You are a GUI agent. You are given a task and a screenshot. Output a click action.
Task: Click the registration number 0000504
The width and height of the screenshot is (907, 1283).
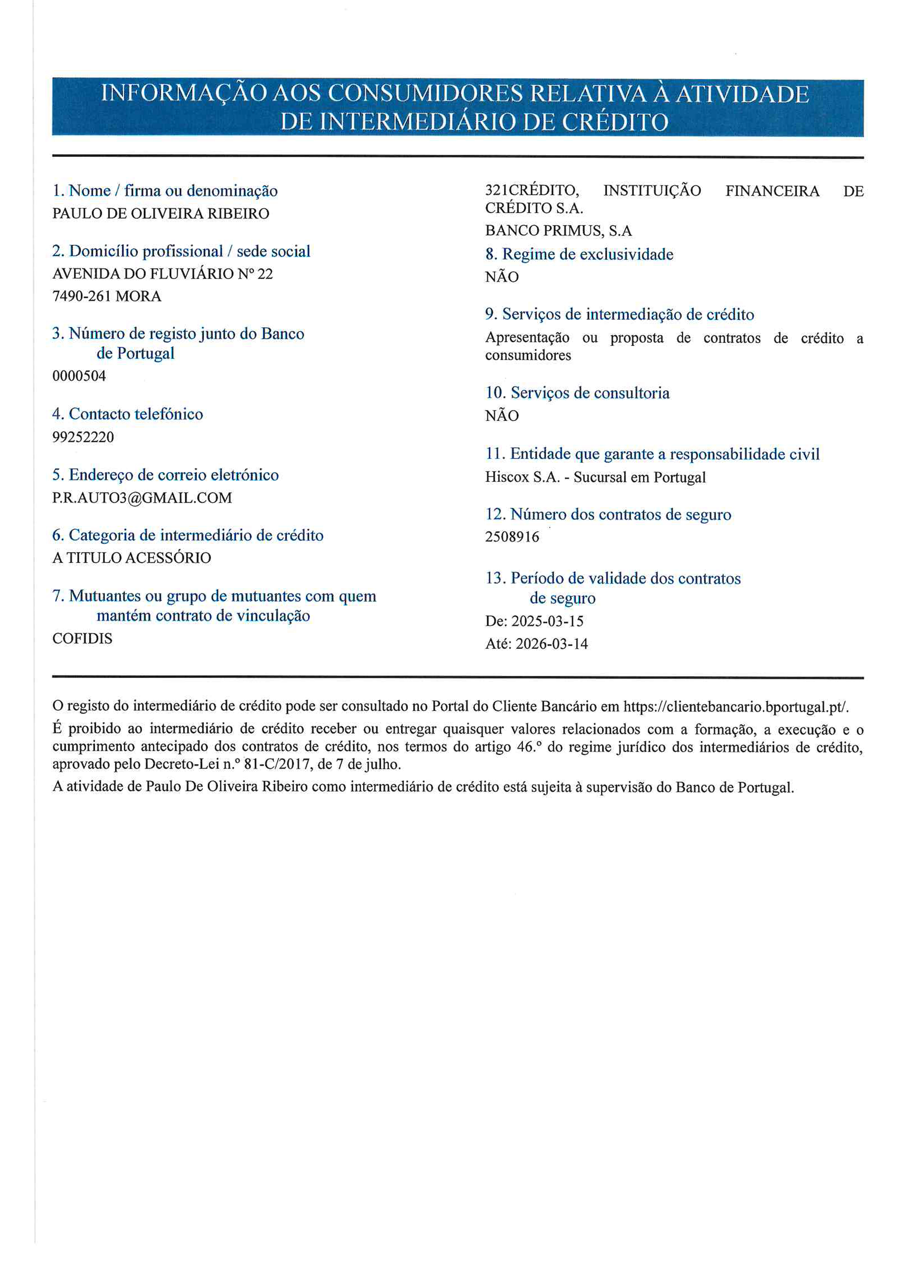[x=79, y=376]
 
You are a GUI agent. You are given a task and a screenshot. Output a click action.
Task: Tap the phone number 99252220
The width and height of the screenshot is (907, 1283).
[x=83, y=436]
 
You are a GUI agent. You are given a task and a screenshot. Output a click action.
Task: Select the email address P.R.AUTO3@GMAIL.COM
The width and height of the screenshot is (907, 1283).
[x=142, y=497]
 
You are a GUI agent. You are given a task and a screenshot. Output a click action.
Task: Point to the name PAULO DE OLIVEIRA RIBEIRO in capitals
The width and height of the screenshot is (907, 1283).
[x=161, y=214]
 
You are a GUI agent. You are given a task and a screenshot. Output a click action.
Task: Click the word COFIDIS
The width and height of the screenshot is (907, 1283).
[x=82, y=638]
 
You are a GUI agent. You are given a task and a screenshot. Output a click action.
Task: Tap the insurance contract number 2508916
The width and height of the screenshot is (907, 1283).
[x=512, y=537]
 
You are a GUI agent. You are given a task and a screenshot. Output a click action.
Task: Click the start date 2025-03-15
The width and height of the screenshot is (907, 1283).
[x=547, y=621]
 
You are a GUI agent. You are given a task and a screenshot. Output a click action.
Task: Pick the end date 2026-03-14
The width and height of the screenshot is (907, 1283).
[x=551, y=644]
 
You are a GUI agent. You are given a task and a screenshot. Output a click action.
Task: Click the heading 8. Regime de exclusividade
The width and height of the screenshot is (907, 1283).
[x=579, y=254]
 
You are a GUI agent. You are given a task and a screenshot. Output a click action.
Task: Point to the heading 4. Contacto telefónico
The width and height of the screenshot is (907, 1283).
[x=127, y=414]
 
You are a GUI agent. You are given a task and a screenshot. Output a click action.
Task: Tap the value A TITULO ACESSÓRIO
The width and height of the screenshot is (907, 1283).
[x=131, y=558]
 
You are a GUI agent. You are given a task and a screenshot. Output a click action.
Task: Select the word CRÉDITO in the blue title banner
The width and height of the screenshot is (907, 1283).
[x=615, y=122]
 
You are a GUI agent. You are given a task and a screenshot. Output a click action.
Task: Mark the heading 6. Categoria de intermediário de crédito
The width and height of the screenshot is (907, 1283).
[x=188, y=535]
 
